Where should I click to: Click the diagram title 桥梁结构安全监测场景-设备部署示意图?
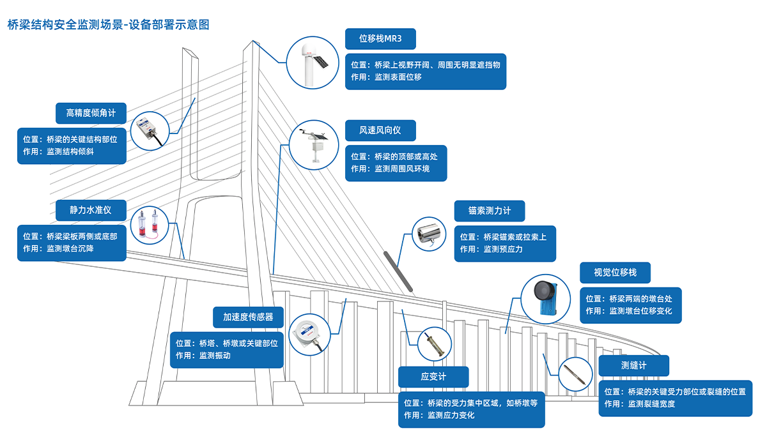[x=108, y=25]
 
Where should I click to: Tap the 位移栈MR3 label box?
[x=380, y=39]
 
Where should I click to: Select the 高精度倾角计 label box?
[x=91, y=113]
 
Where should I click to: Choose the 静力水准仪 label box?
[x=91, y=209]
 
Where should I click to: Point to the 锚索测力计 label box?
[x=490, y=211]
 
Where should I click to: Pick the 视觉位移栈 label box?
[x=616, y=273]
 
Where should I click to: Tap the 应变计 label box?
[x=433, y=377]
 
